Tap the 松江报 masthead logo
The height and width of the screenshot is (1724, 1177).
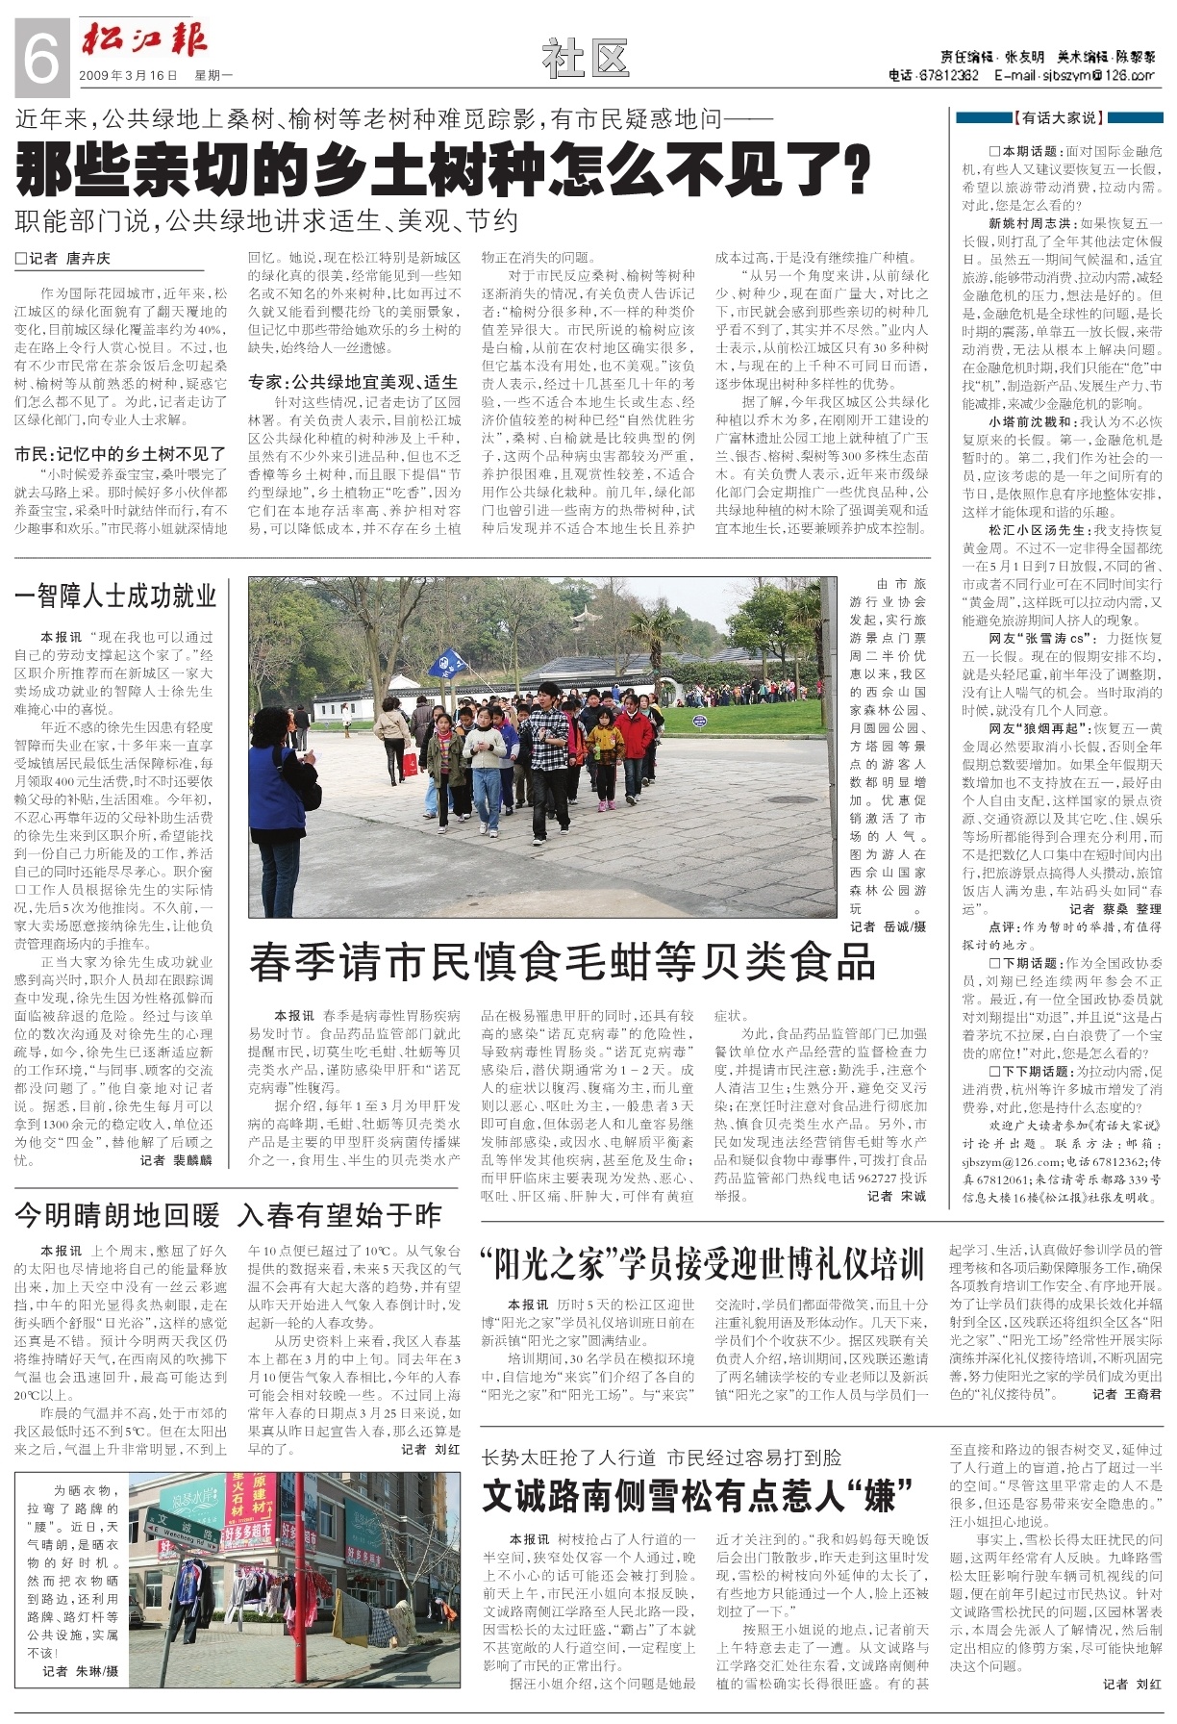pos(144,40)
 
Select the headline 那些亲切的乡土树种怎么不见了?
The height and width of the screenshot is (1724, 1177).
pos(442,170)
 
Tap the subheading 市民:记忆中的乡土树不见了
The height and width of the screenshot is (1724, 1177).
pos(120,453)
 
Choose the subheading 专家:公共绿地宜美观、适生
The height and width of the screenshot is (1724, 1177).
pos(353,382)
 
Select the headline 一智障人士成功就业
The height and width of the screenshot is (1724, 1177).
pos(115,596)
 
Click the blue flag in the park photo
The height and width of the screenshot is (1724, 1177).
pos(447,662)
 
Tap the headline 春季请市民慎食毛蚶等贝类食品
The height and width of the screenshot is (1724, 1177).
pos(563,961)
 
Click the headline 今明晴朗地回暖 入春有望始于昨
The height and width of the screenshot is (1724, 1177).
pos(228,1215)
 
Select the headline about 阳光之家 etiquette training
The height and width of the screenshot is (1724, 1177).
pos(702,1263)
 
